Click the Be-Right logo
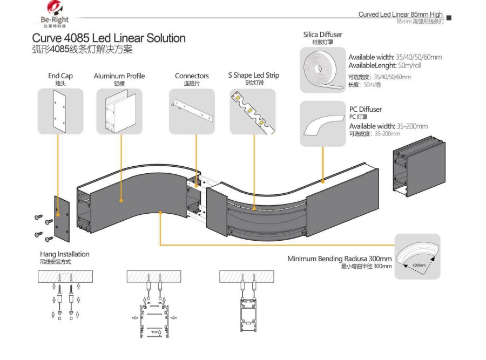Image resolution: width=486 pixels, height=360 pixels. pyautogui.click(x=55, y=14)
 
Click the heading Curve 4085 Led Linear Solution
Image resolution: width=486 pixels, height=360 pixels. pyautogui.click(x=109, y=38)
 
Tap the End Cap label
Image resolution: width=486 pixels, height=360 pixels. pyautogui.click(x=60, y=76)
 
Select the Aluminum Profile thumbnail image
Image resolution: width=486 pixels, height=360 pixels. pyautogui.click(x=119, y=111)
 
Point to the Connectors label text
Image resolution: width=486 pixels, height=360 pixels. pyautogui.click(x=192, y=76)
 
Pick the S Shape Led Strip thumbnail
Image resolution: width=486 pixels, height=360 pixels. pyautogui.click(x=253, y=111)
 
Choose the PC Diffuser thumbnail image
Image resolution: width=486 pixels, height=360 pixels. pyautogui.click(x=322, y=124)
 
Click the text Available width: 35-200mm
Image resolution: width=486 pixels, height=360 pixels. pyautogui.click(x=388, y=126)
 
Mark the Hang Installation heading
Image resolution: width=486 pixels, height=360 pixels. pyautogui.click(x=65, y=254)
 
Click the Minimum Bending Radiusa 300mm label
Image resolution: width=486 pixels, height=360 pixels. pyautogui.click(x=340, y=259)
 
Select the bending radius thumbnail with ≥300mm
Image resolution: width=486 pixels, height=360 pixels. pyautogui.click(x=417, y=256)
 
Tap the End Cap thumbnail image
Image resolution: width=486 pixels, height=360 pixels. pyautogui.click(x=60, y=111)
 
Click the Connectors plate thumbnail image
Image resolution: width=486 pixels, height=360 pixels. pyautogui.click(x=192, y=111)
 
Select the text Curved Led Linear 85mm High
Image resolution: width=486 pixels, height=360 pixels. pyautogui.click(x=400, y=15)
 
